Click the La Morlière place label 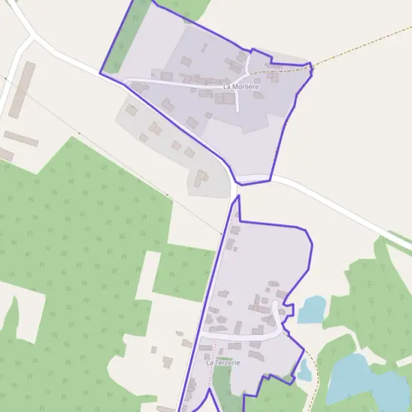click(240, 87)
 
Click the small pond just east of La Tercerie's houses click(312, 310)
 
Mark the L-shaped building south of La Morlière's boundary click(201, 178)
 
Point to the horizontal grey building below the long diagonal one click(21, 139)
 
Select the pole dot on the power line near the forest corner click(80, 133)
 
